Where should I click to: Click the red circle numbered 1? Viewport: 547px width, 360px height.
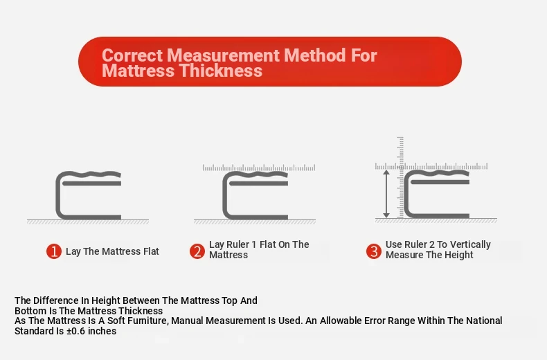[54, 251]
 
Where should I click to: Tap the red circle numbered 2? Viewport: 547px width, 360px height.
[197, 251]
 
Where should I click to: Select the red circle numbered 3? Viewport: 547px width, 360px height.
[374, 251]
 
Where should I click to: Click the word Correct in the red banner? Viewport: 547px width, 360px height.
[132, 55]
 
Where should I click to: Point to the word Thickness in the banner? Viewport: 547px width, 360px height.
[221, 71]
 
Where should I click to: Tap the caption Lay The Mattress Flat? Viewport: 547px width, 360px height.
[112, 251]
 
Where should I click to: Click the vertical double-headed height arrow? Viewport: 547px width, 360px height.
[386, 194]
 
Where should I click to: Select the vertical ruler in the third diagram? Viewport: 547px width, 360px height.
[400, 177]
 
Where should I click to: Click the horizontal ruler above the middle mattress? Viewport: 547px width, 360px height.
[259, 168]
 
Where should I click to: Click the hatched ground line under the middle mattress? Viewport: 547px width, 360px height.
[255, 222]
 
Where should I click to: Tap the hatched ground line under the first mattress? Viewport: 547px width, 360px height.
[88, 222]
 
